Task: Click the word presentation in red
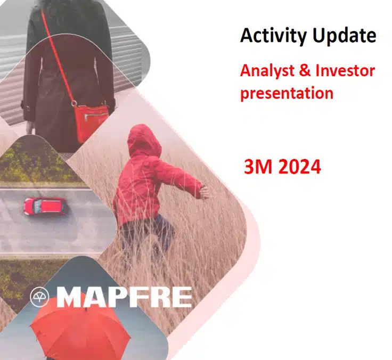tap(287, 93)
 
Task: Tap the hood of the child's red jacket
tap(144, 140)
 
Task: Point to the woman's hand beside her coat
tap(30, 127)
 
